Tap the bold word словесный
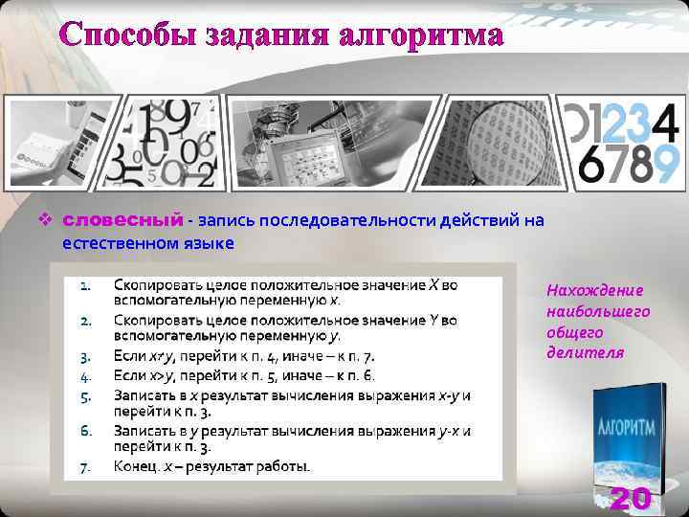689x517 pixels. (x=122, y=221)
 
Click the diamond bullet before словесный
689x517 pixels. (x=43, y=221)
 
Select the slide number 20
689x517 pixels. (x=631, y=499)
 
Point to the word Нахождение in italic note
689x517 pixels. (x=595, y=290)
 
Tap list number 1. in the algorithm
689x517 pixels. (x=85, y=285)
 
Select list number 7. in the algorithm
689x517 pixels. (x=85, y=467)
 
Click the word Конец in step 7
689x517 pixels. (x=135, y=467)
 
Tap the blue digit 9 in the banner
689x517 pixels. (x=666, y=164)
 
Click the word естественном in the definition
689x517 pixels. (x=118, y=243)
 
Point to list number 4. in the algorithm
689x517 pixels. (x=85, y=375)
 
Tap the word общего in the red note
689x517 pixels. (x=575, y=332)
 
